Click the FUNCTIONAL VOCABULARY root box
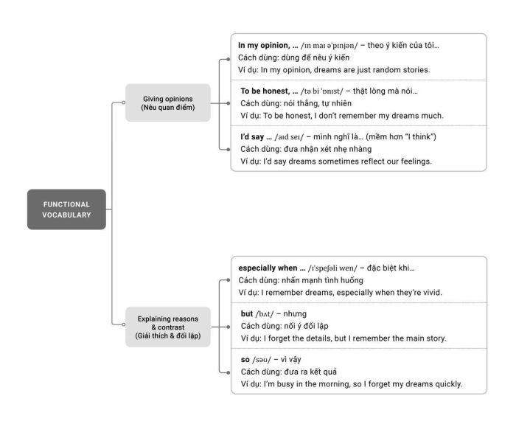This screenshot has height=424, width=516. coord(66,209)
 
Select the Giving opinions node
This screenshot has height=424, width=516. coord(168,102)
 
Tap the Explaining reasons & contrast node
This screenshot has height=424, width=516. coord(168,327)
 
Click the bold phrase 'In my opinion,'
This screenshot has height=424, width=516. coord(264,46)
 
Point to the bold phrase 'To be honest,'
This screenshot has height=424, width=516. coord(265,91)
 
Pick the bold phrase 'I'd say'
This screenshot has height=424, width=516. coord(252,137)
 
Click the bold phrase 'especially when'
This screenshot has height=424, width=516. coord(268,268)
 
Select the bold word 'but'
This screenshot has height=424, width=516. coord(247,313)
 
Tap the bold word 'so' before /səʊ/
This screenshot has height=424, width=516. coord(245,360)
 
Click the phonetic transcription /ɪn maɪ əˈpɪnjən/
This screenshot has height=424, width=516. coord(329,46)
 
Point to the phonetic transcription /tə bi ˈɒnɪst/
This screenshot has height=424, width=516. coord(322,91)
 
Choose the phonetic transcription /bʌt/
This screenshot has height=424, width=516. coord(265,314)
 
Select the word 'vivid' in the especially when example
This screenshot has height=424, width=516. coord(432,292)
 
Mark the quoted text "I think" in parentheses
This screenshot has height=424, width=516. coord(419,136)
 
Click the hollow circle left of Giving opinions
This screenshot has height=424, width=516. coord(123,102)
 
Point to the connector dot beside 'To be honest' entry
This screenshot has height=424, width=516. coord(229,103)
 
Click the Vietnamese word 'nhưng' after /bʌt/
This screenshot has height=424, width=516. coord(295,314)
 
